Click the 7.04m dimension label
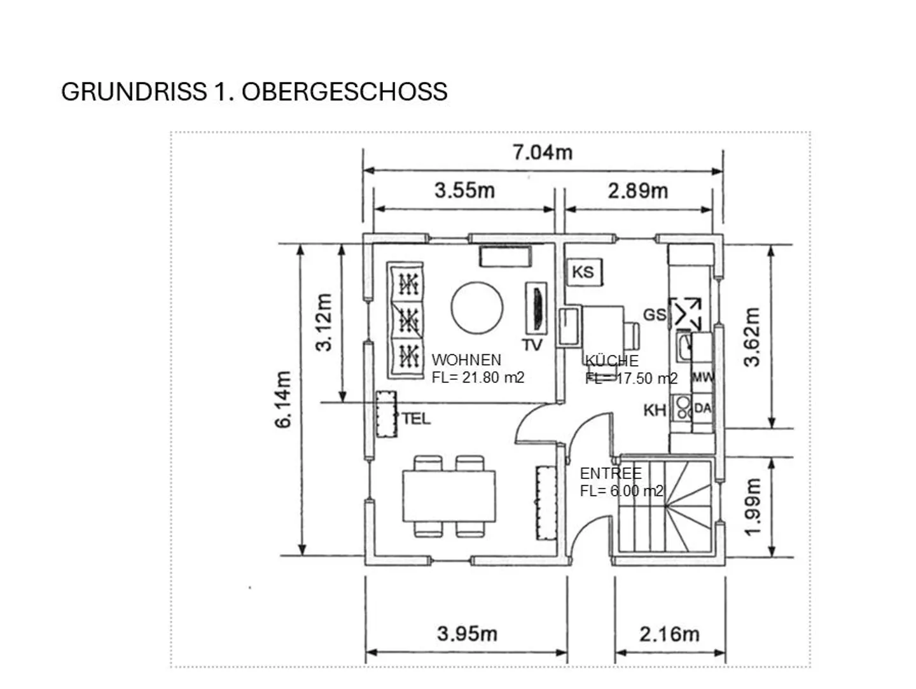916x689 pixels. click(543, 153)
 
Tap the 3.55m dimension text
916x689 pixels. click(464, 191)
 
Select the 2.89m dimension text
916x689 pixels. click(637, 191)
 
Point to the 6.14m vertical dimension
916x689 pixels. click(282, 400)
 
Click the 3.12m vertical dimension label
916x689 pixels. click(323, 323)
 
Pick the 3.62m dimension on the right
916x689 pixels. click(752, 337)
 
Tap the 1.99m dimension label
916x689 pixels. click(753, 506)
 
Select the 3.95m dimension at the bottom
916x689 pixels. click(467, 634)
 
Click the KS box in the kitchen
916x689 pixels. click(585, 272)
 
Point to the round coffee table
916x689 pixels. click(477, 308)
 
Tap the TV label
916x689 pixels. click(532, 345)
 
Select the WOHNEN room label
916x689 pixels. click(466, 359)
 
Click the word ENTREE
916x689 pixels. click(611, 473)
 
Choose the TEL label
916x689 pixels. click(416, 419)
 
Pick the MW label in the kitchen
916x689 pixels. click(703, 377)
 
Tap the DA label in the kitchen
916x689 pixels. click(702, 408)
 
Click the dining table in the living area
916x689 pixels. click(449, 496)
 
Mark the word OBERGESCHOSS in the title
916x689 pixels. click(345, 92)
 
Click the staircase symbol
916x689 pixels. click(665, 506)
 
